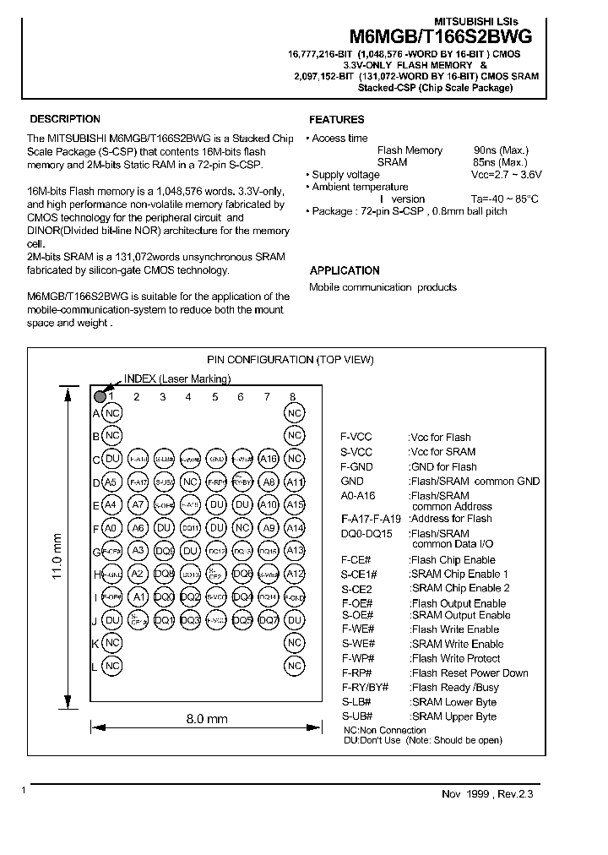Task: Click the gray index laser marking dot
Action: [x=100, y=395]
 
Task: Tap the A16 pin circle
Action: [x=268, y=459]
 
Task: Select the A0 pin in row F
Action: [x=111, y=528]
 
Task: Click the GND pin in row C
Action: [x=216, y=459]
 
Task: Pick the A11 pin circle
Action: [x=294, y=482]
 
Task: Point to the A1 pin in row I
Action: [x=137, y=597]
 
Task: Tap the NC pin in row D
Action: [x=191, y=482]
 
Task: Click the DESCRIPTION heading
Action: [x=65, y=119]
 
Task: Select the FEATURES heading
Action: [x=337, y=120]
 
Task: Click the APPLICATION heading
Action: [x=345, y=270]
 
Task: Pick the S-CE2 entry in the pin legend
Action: [x=356, y=588]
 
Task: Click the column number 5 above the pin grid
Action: [x=215, y=396]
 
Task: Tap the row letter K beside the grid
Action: [x=96, y=643]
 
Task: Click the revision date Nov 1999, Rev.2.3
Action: [x=488, y=793]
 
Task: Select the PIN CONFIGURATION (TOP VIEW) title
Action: [x=290, y=359]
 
